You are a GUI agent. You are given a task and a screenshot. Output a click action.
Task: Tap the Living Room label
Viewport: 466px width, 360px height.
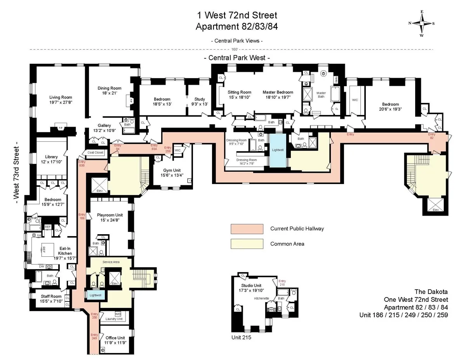[61, 97]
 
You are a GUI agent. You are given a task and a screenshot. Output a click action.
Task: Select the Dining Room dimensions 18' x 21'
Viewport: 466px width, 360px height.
[109, 94]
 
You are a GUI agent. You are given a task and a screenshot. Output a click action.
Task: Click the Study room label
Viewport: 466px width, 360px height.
[200, 99]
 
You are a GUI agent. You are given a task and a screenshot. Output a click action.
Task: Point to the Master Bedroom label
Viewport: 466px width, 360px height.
[278, 92]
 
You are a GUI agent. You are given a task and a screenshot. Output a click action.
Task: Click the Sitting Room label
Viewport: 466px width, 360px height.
[237, 92]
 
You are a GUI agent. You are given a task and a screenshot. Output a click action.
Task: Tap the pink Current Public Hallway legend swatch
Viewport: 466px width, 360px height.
[247, 229]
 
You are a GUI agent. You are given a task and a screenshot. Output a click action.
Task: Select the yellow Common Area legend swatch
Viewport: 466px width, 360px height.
[247, 244]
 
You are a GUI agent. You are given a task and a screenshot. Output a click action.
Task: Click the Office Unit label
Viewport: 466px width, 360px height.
[115, 337]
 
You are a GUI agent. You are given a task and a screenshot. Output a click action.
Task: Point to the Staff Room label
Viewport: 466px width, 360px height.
[51, 296]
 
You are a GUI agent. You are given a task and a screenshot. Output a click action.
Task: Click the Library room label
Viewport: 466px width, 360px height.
[51, 157]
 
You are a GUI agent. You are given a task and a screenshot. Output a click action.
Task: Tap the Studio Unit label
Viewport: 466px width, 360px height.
[251, 285]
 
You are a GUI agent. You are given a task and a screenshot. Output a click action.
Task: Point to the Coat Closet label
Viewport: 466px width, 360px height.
[95, 153]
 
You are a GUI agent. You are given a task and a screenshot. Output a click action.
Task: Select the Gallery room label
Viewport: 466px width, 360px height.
[104, 125]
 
